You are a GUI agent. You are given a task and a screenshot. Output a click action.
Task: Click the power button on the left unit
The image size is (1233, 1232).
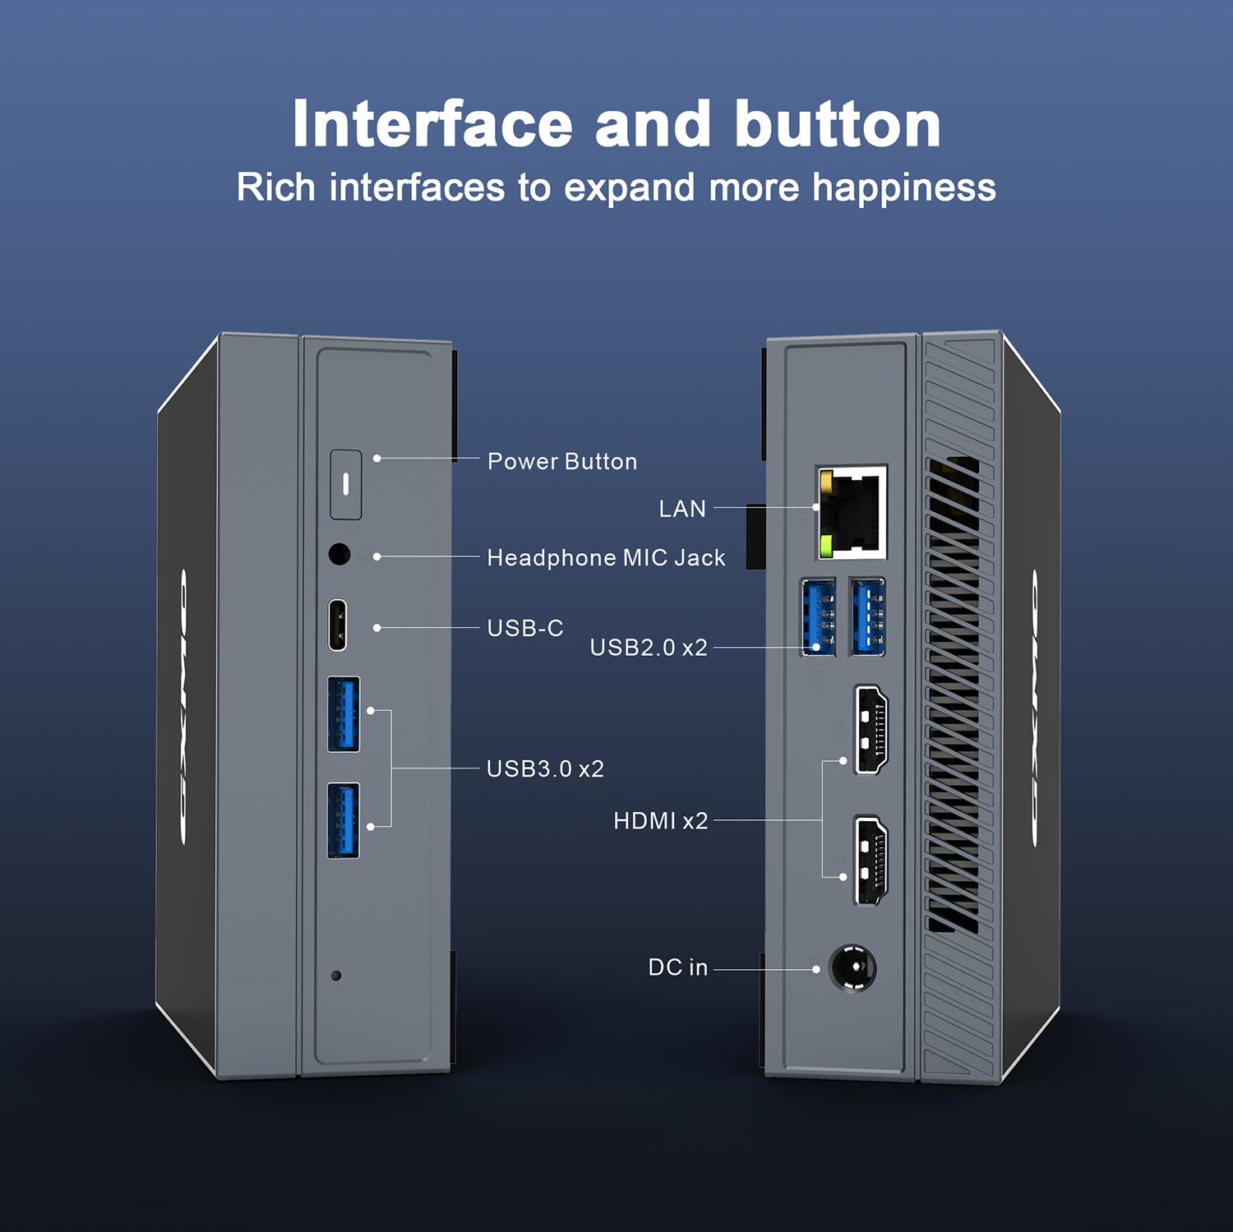tap(346, 484)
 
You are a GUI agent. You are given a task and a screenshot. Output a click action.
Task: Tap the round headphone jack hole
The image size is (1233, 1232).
tap(339, 554)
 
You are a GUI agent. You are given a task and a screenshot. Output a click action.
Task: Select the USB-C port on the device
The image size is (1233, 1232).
tap(338, 625)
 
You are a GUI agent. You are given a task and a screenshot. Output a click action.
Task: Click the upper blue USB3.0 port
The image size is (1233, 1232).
tap(344, 714)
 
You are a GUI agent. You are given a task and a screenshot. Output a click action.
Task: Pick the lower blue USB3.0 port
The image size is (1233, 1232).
tap(344, 820)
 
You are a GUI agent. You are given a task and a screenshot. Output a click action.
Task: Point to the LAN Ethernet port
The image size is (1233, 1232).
tap(853, 512)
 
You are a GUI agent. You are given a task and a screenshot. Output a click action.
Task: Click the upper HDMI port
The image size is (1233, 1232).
tap(871, 730)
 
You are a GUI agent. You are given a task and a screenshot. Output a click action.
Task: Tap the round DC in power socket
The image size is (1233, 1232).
tap(852, 968)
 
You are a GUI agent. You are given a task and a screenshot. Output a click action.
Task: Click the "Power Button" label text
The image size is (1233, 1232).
tap(562, 462)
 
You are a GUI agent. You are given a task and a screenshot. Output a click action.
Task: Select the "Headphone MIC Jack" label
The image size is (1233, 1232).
tap(606, 558)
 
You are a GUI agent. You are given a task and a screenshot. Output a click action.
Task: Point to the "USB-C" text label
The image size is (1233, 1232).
tap(525, 629)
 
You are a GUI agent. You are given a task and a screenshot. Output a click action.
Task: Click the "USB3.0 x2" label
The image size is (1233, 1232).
tap(545, 769)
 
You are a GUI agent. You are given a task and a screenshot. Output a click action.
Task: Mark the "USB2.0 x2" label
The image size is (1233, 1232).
tap(649, 648)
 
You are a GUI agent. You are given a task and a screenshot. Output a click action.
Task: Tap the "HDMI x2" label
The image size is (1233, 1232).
tap(660, 821)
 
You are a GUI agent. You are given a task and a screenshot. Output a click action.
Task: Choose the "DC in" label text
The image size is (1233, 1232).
tap(677, 967)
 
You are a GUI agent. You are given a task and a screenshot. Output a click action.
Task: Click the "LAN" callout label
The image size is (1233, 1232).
tap(682, 510)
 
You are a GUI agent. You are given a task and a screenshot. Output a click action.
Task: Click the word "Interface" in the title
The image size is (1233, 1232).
tap(432, 124)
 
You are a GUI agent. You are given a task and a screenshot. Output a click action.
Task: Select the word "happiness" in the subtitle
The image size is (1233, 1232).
tap(903, 188)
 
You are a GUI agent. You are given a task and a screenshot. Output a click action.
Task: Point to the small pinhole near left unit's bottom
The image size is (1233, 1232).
tap(335, 976)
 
